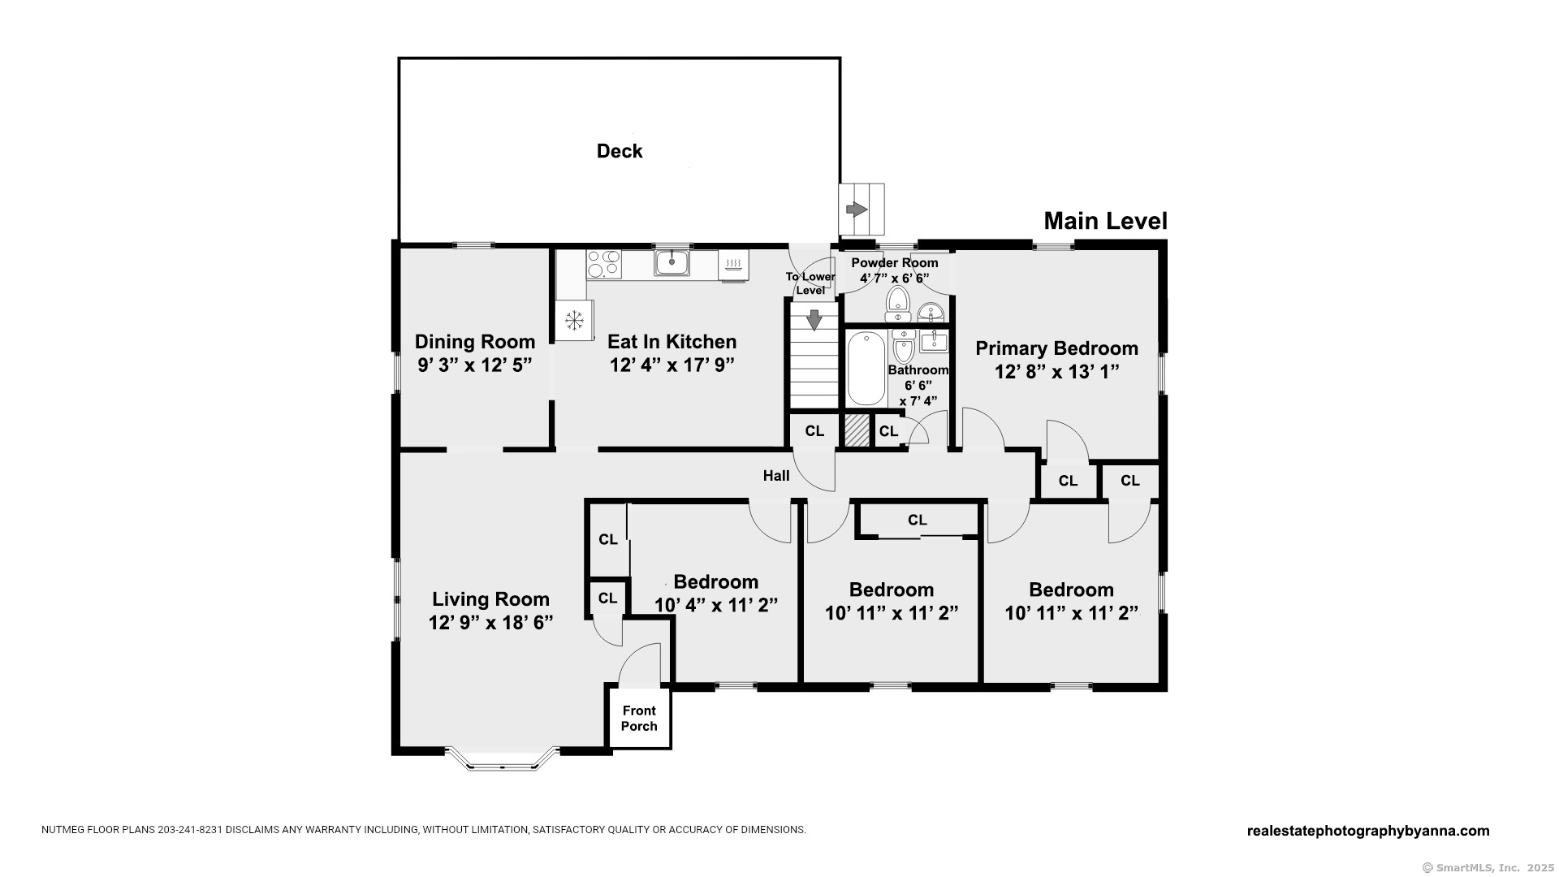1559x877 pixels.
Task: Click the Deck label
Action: (x=620, y=151)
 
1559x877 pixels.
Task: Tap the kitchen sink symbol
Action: (x=672, y=262)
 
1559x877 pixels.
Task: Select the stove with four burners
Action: (x=603, y=264)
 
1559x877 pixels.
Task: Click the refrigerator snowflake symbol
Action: (x=574, y=320)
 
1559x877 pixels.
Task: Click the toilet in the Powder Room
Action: (x=897, y=303)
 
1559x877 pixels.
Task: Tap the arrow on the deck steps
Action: (x=857, y=210)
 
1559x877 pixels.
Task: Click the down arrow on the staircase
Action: (x=813, y=319)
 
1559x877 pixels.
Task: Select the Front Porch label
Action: (x=639, y=719)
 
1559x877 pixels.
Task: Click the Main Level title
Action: (x=1105, y=221)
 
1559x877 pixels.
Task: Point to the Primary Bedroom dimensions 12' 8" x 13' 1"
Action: (x=1057, y=372)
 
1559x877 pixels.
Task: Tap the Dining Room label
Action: (x=475, y=342)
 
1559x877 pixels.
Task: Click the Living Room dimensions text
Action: (x=491, y=623)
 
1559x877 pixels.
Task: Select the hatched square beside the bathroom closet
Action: (x=856, y=430)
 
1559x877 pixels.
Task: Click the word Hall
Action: (x=776, y=476)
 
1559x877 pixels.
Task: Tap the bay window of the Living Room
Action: (x=503, y=760)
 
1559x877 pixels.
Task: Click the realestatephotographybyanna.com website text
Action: (x=1368, y=831)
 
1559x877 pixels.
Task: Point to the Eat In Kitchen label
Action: (x=672, y=342)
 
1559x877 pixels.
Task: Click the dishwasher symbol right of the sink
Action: (x=733, y=265)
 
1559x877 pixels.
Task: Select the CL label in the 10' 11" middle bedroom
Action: (x=918, y=520)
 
